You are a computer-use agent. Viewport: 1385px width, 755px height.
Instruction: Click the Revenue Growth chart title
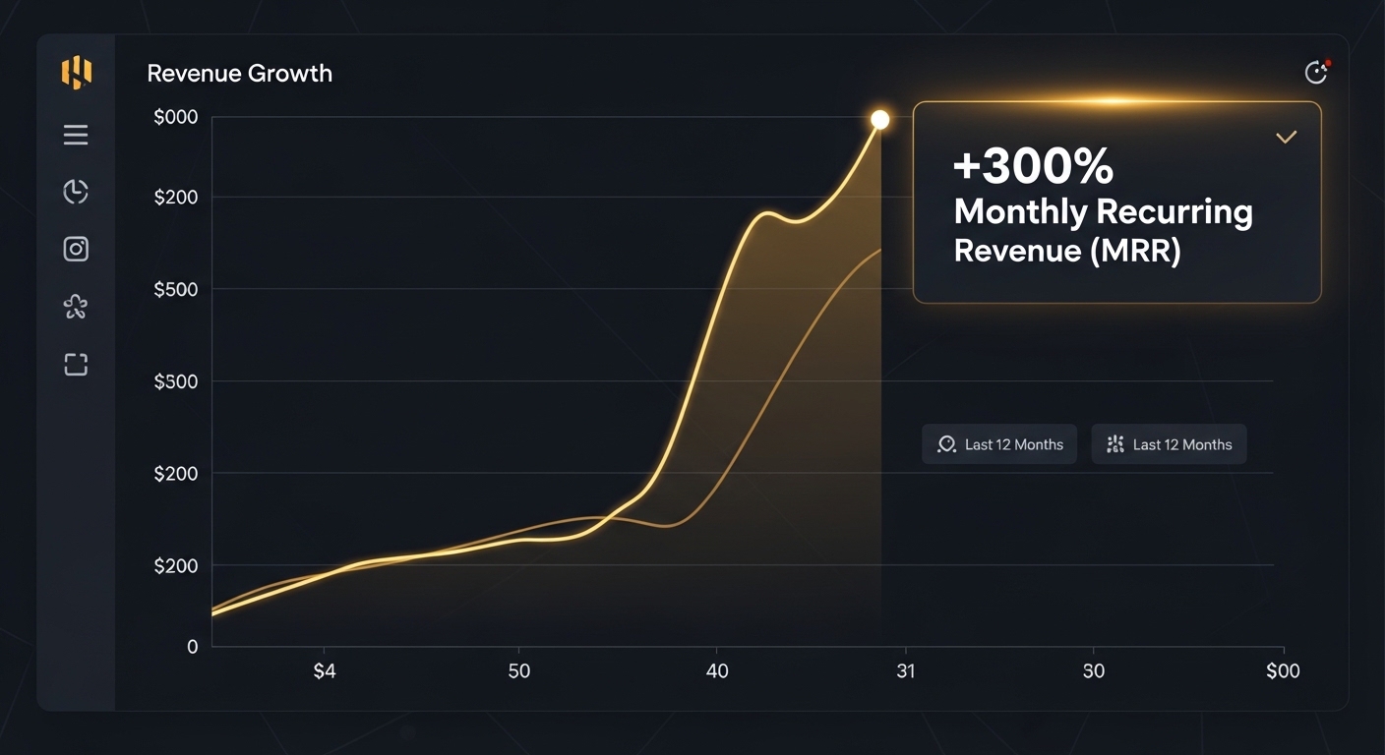[239, 74]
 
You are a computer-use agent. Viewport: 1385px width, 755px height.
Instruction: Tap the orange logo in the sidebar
[77, 73]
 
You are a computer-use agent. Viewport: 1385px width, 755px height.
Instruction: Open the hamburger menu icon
[76, 135]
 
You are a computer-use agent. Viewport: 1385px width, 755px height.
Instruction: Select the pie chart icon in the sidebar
[76, 192]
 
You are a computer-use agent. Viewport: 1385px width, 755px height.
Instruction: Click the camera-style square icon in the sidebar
[76, 249]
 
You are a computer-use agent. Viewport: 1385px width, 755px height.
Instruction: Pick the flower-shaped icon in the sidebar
[76, 307]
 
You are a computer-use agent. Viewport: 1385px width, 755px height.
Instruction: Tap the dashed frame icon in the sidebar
[76, 365]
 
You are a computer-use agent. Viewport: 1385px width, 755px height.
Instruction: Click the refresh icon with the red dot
[1316, 73]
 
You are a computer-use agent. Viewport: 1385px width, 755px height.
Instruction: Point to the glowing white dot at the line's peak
[879, 119]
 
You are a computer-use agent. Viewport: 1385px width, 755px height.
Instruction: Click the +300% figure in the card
[1033, 165]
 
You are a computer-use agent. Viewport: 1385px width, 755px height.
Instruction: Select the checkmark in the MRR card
[1286, 138]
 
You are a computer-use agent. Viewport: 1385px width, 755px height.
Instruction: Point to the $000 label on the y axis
[176, 117]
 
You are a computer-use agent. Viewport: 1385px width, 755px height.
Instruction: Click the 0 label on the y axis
[192, 647]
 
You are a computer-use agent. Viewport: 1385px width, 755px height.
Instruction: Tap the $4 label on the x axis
[325, 671]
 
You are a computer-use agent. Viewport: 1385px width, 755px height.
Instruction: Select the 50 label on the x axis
[518, 671]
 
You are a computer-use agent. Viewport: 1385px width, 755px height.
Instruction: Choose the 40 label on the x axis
[717, 671]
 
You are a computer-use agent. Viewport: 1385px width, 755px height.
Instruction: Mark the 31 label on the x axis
[906, 671]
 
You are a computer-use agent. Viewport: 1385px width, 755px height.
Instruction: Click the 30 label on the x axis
[1094, 671]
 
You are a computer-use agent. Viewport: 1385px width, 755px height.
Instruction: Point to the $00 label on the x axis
[1283, 671]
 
